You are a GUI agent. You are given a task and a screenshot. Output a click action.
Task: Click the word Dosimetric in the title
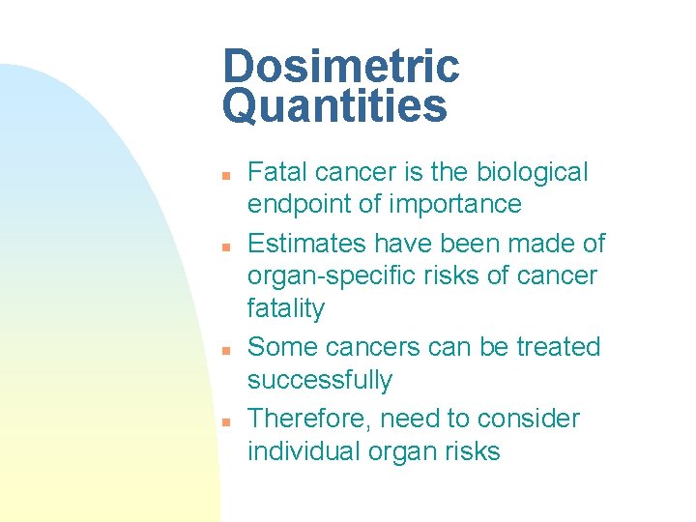point(340,67)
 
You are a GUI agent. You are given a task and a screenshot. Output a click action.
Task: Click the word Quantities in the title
point(334,106)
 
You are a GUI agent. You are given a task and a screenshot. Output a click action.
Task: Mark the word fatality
point(286,309)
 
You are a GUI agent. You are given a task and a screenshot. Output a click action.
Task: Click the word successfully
point(320,380)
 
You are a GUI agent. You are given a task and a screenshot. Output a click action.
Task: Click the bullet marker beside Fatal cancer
point(223,176)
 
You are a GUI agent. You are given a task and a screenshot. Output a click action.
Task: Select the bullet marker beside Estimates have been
point(223,246)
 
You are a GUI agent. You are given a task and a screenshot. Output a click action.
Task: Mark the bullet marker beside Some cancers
point(223,350)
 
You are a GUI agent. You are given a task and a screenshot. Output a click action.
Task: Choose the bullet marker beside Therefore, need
point(223,421)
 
